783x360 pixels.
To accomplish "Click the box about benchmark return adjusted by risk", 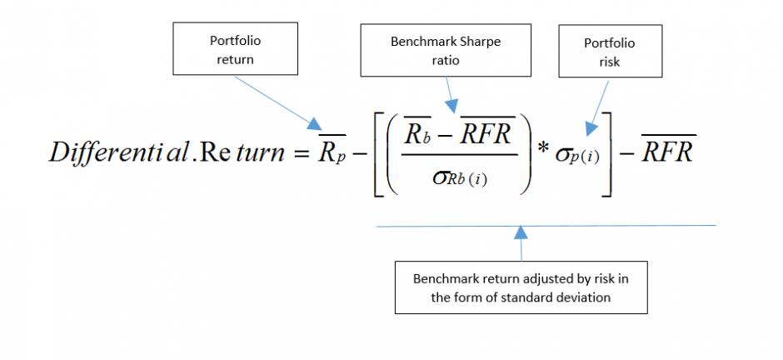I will (x=521, y=287).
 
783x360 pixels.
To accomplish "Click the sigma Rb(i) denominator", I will (x=454, y=180).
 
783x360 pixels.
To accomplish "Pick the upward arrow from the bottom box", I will (x=521, y=242).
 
